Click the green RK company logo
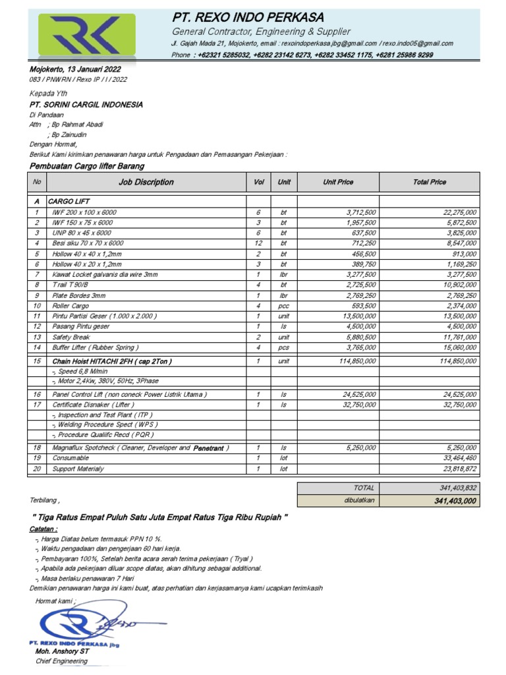86,36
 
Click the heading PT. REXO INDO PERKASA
248,17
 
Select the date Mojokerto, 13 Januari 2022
75,69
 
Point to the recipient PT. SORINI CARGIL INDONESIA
86,104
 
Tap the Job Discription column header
146,182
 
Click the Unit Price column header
338,182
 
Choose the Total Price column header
429,182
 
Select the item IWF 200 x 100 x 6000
84,212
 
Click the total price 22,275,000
459,212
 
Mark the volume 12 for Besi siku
258,243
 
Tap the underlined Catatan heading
43,529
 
